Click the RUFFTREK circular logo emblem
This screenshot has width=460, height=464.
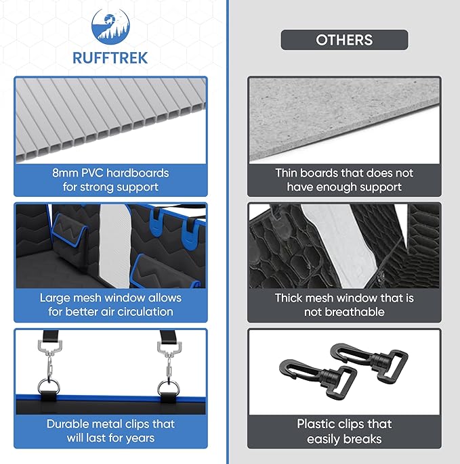(x=110, y=27)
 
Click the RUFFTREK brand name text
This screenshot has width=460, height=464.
(x=110, y=58)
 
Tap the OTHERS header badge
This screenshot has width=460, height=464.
(x=344, y=40)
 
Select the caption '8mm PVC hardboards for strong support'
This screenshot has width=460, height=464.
(x=110, y=180)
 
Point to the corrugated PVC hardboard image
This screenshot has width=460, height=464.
(x=110, y=120)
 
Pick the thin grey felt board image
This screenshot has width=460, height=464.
(x=344, y=120)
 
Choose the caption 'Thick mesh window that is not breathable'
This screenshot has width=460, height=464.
(x=344, y=305)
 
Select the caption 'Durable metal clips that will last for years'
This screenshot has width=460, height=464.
(x=110, y=431)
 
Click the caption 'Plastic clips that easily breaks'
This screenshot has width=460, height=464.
(x=344, y=431)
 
